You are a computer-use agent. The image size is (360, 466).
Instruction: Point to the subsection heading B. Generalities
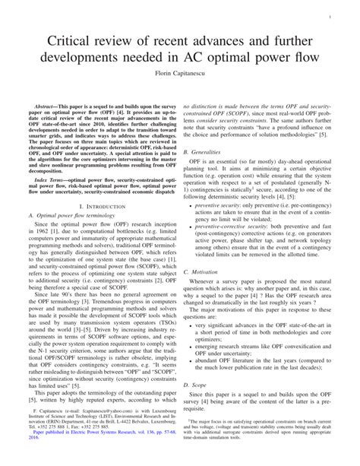point(213,152)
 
